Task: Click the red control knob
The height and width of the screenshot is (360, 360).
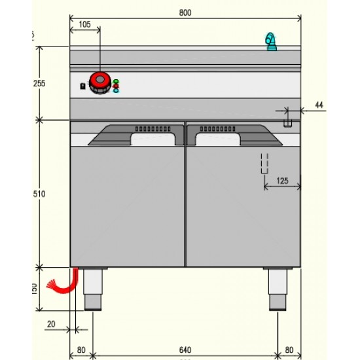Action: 99,82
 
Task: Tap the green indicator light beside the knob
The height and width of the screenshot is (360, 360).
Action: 116,81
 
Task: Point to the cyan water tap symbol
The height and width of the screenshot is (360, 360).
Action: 270,41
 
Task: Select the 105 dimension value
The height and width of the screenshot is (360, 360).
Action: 84,24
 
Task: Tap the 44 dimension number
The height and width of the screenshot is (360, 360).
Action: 319,105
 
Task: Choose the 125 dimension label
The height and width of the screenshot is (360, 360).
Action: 282,180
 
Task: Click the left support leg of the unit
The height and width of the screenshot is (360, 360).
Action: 93,288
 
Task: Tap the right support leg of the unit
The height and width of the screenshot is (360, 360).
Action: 277,288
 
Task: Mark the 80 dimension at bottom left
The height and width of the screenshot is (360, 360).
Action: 81,350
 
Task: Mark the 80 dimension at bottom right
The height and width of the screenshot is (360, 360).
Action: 289,350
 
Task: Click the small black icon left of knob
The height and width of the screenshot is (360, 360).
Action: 82,86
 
